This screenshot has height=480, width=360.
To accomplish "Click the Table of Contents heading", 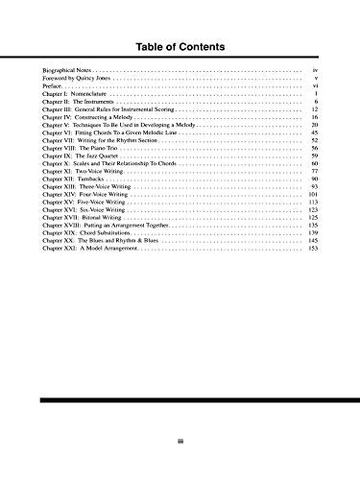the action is (x=180, y=46).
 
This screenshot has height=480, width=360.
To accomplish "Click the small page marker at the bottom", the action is (x=180, y=441).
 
